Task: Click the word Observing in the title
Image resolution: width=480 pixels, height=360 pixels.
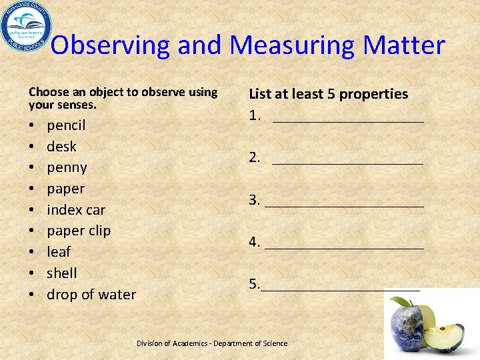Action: coord(111,45)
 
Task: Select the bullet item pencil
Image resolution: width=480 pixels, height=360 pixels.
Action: coord(66,125)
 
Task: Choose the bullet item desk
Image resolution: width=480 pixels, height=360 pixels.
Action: coord(61,146)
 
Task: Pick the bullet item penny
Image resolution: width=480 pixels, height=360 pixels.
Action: coord(67,167)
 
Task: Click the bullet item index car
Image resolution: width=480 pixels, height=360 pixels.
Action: coord(76,210)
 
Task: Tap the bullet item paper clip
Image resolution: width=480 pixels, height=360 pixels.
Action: coord(79,231)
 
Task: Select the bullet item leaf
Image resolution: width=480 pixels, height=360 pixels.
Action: coord(59,252)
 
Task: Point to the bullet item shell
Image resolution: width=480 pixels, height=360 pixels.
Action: coord(62,273)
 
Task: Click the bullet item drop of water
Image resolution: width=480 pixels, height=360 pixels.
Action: coord(91,295)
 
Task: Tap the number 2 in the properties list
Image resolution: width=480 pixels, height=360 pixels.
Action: coord(254,157)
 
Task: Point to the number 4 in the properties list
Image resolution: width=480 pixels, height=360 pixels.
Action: coord(254,241)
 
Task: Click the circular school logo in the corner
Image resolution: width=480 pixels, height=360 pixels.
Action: coord(25,27)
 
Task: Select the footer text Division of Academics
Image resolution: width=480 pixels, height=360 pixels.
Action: coord(177,343)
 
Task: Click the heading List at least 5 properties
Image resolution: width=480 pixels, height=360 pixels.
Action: coord(329,95)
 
